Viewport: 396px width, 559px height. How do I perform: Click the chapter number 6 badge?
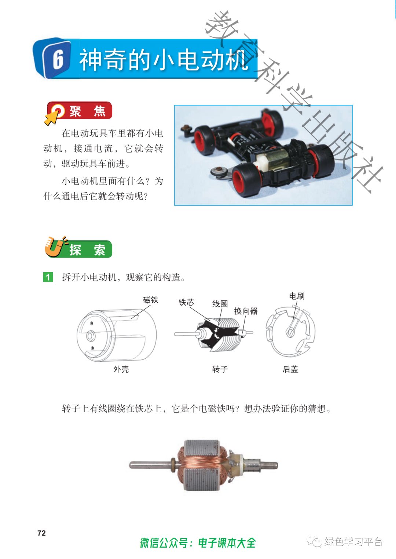tap(52, 59)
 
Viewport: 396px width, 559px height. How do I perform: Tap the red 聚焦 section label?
tap(80, 110)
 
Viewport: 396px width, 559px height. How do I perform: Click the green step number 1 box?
tap(48, 277)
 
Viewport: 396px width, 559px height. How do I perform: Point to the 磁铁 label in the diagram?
tap(150, 300)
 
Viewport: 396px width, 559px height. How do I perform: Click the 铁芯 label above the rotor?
tap(186, 302)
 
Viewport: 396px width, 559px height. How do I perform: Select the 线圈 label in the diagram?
tap(220, 304)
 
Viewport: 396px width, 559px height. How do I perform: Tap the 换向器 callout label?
tap(246, 311)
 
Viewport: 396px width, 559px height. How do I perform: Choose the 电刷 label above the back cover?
tap(297, 296)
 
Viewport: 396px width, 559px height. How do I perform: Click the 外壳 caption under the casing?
tap(121, 369)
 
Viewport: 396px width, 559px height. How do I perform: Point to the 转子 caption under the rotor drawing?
tap(220, 369)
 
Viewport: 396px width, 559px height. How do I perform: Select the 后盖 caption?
tap(290, 369)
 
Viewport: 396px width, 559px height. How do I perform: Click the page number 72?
tap(41, 533)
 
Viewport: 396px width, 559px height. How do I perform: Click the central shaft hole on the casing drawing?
tap(90, 336)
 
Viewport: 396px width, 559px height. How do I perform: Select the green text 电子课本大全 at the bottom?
tap(227, 543)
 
